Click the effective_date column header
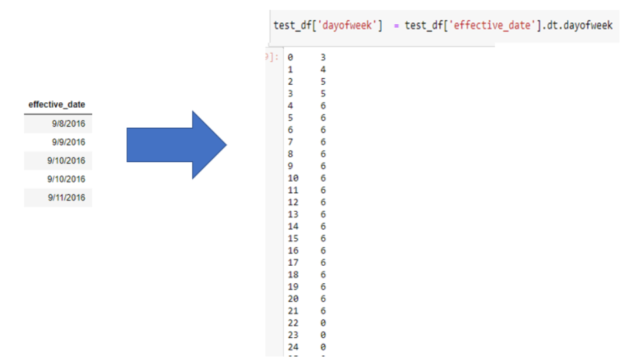click(x=57, y=104)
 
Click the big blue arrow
click(x=176, y=145)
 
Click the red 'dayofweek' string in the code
click(x=346, y=26)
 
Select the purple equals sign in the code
click(x=396, y=26)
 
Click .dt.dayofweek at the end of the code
click(x=578, y=26)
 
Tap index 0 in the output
click(x=291, y=58)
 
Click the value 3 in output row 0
click(x=323, y=58)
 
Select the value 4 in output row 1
click(x=323, y=69)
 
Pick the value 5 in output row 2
click(x=323, y=81)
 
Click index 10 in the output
click(x=293, y=178)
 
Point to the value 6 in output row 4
click(x=323, y=106)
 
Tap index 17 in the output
click(x=293, y=262)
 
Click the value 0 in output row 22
click(x=323, y=323)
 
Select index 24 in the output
click(x=293, y=347)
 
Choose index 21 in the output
click(x=293, y=311)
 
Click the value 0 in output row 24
click(x=323, y=347)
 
